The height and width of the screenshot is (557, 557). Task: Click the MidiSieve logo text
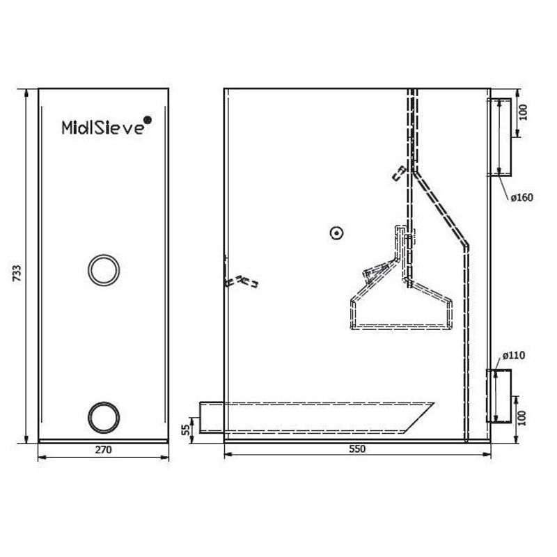(103, 127)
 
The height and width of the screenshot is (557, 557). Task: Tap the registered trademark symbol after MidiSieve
(148, 120)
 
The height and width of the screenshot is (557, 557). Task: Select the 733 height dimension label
(17, 273)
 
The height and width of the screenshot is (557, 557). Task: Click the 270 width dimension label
(103, 450)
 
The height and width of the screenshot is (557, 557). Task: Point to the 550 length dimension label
(357, 449)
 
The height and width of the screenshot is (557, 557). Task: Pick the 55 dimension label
(185, 430)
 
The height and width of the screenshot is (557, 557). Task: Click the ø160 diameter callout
(521, 197)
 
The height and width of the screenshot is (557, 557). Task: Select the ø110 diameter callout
(514, 355)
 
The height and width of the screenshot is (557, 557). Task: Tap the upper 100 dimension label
(524, 112)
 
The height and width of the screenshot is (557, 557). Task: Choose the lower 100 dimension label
(521, 418)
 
